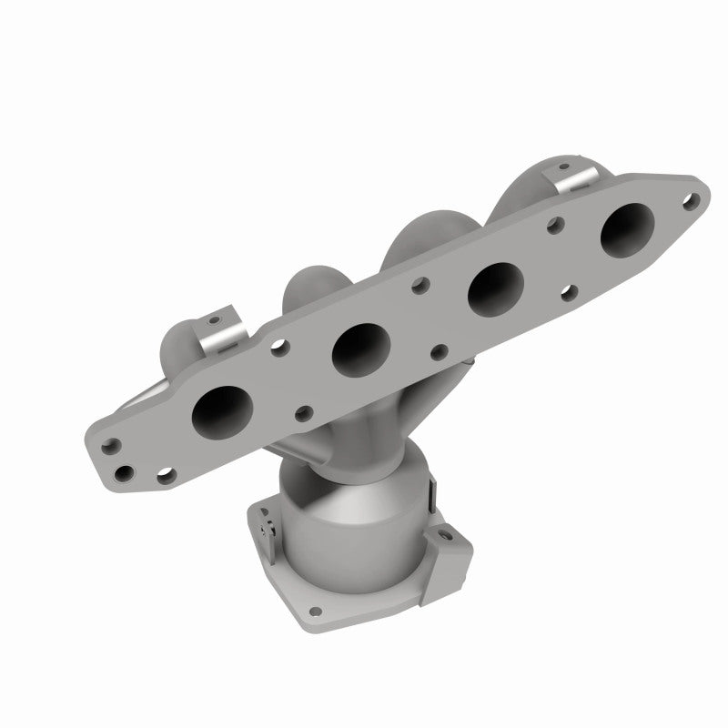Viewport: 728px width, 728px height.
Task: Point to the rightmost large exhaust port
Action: click(x=627, y=231)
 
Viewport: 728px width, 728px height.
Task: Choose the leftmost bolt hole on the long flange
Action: click(x=113, y=447)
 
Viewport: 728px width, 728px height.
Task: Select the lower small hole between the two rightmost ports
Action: click(x=569, y=292)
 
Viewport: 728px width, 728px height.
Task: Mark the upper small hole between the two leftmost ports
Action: click(x=280, y=347)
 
